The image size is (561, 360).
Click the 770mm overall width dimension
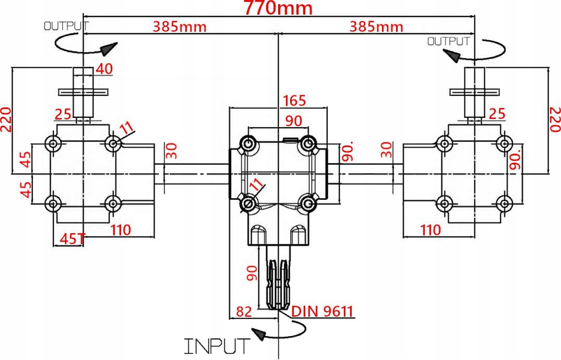[x=278, y=9]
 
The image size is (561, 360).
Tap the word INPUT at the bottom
[x=217, y=345]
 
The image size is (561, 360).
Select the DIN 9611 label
[x=323, y=311]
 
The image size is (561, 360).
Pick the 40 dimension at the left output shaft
[x=104, y=68]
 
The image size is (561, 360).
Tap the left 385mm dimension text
[x=180, y=26]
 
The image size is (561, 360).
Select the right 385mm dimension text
[x=376, y=26]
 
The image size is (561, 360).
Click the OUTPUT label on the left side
[x=64, y=25]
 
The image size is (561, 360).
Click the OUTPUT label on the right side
[x=448, y=41]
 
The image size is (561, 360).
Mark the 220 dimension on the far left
[x=6, y=119]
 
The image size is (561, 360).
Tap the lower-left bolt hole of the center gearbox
[x=249, y=203]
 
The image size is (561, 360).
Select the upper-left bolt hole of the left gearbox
[x=52, y=143]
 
